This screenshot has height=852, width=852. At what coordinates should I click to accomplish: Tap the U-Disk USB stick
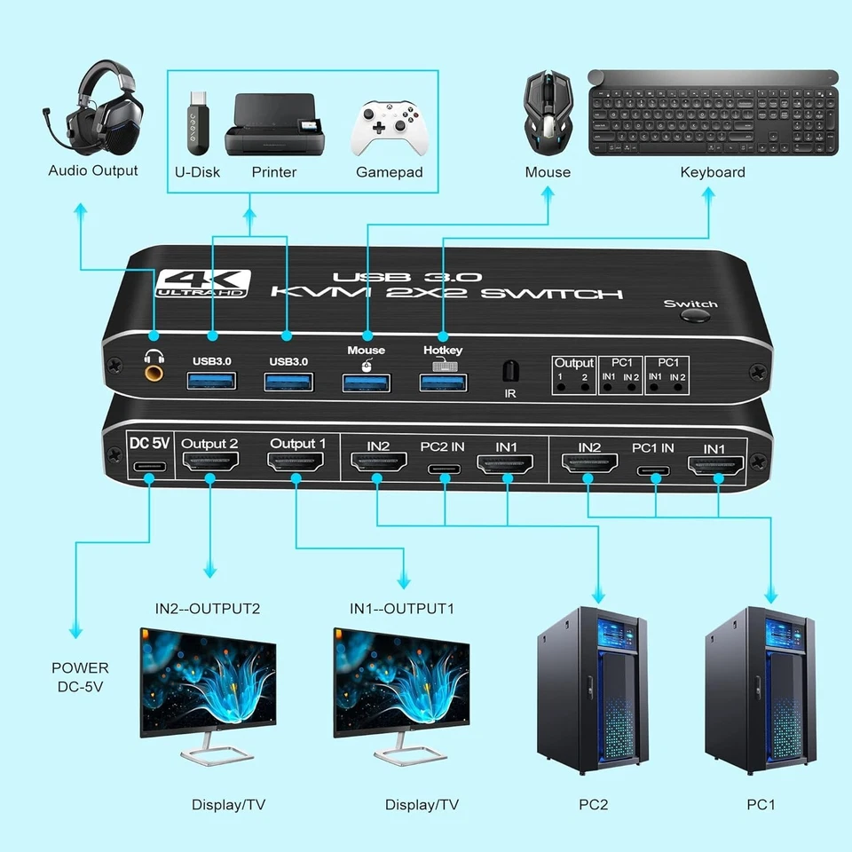(x=196, y=123)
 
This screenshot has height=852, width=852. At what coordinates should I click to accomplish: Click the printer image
(x=273, y=124)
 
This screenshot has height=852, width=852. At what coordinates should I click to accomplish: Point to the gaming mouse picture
(x=548, y=114)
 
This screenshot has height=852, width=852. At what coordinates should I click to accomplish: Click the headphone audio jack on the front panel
(x=155, y=364)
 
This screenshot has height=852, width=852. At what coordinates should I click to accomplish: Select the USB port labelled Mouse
(x=367, y=383)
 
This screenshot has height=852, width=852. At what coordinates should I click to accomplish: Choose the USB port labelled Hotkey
(x=443, y=383)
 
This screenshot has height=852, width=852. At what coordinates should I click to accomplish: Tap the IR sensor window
(x=509, y=370)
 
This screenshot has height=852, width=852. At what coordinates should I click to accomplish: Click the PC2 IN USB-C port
(x=441, y=468)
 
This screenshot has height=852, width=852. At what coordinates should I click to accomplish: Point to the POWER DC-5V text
(x=80, y=676)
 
